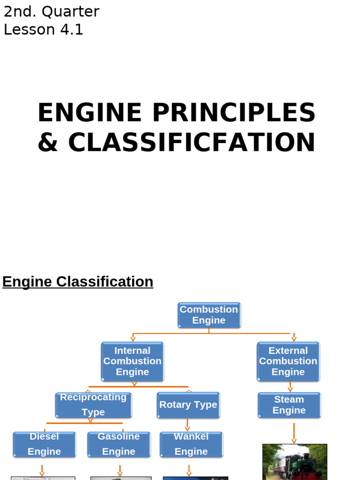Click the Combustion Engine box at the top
click(x=209, y=315)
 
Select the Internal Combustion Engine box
click(x=133, y=361)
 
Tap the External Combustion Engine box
click(x=288, y=361)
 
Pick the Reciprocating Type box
click(x=93, y=405)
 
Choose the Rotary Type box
click(x=188, y=405)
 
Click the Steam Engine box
click(x=289, y=405)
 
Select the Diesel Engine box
click(x=44, y=444)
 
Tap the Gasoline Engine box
click(x=119, y=444)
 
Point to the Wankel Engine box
click(x=191, y=444)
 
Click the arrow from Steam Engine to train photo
click(x=294, y=432)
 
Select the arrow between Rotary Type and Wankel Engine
click(x=187, y=425)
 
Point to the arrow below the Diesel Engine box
click(x=42, y=470)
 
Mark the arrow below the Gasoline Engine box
click(x=120, y=470)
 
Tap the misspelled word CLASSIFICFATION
click(x=192, y=142)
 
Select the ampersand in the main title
click(x=47, y=142)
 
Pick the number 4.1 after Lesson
click(x=71, y=30)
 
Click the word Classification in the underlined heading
click(x=105, y=282)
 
